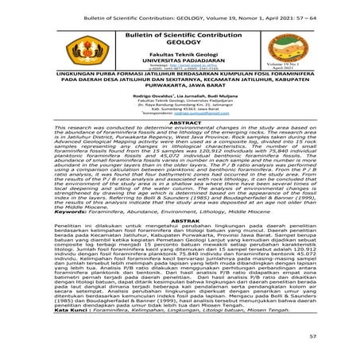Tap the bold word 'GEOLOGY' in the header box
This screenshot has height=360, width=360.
pos(180,42)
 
